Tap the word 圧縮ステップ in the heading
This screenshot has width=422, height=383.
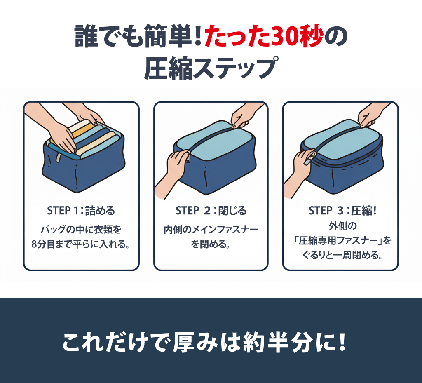[211, 68]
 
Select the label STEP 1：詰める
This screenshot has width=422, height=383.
[81, 211]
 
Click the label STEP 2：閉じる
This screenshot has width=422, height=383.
[211, 211]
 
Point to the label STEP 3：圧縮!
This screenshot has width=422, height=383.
[342, 211]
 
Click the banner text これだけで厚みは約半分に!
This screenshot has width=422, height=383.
[204, 342]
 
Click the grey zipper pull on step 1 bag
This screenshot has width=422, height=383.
[58, 158]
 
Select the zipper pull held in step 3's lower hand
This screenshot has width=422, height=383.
[309, 159]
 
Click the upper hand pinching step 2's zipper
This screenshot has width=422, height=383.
[244, 114]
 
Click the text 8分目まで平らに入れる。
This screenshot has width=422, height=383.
[81, 244]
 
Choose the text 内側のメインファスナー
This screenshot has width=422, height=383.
[211, 230]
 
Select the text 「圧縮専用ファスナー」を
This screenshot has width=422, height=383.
[342, 240]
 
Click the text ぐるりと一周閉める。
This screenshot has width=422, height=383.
[342, 255]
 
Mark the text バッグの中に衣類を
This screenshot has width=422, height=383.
[81, 230]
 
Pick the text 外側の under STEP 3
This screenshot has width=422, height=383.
[342, 226]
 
